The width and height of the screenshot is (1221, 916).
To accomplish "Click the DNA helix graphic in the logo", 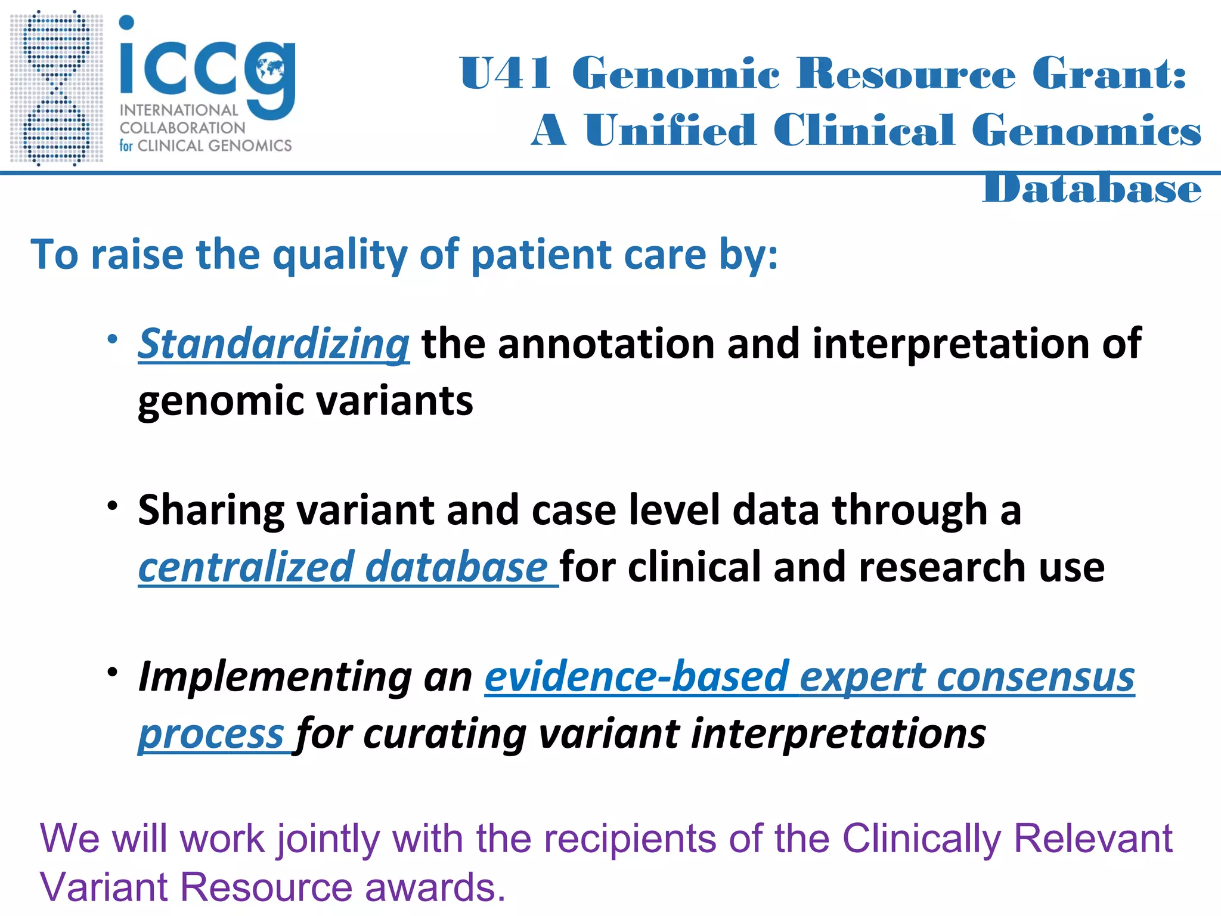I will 57,88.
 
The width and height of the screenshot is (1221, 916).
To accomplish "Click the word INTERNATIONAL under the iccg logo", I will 179,110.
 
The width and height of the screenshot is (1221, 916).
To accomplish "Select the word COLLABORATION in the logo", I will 182,128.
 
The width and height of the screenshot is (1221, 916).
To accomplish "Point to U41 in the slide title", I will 505,74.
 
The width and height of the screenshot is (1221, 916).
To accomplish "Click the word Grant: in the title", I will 1110,74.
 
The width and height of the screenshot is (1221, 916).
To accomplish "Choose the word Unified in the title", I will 670,130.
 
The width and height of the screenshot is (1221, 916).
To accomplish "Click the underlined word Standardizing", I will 274,344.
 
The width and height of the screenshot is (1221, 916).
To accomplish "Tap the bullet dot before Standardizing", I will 112,339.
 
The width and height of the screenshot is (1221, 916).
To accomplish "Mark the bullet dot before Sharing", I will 112,506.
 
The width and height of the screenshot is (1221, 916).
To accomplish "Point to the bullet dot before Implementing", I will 112,672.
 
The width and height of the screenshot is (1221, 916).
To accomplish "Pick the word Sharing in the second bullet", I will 211,511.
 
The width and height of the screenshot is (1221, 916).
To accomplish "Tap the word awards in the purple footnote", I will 435,887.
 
